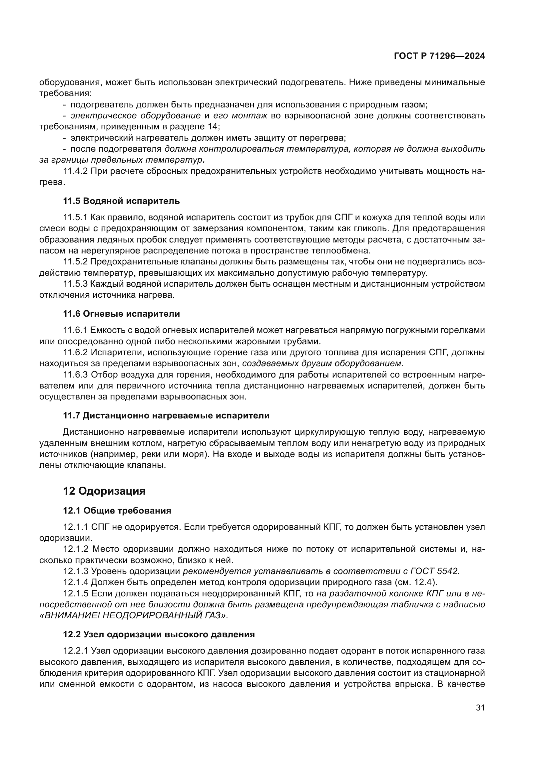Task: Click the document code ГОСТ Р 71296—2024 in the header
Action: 439,56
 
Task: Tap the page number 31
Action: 480,707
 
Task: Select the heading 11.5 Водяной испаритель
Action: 121,201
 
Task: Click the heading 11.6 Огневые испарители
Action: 121,314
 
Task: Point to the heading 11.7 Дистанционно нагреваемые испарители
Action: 166,415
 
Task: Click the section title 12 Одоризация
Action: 104,491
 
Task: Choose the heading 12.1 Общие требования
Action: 117,511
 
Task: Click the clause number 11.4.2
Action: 75,171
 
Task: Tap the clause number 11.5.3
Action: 75,284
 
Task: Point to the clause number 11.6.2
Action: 75,352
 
